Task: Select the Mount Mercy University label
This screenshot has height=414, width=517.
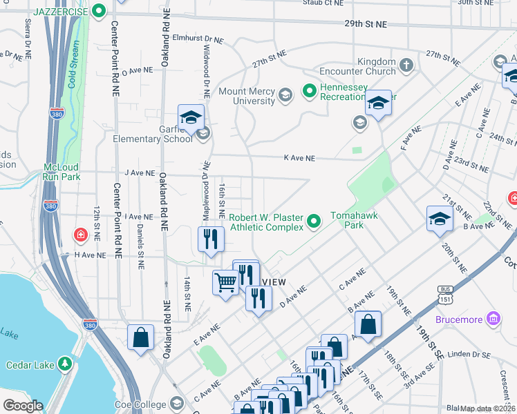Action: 246,97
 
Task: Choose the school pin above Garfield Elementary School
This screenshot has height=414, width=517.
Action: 191,117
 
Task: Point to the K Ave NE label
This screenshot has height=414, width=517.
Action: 299,158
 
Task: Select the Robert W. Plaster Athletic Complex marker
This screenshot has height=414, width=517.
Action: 314,221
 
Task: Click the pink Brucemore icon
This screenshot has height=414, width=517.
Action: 493,319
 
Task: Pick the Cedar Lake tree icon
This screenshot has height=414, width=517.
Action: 65,363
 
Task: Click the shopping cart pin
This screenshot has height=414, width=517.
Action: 225,282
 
